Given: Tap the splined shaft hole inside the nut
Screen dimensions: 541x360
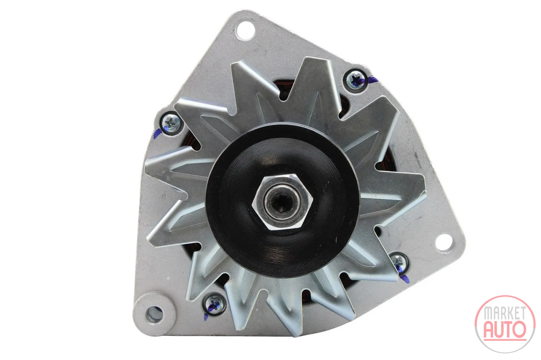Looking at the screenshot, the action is click(282, 202).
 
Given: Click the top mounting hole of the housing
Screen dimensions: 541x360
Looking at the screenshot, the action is click(245, 31).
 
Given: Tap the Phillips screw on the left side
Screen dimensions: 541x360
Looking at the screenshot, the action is click(171, 123).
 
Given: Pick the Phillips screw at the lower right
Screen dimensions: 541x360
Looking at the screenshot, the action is click(399, 262).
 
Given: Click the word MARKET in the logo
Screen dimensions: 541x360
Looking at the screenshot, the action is click(505, 313).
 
